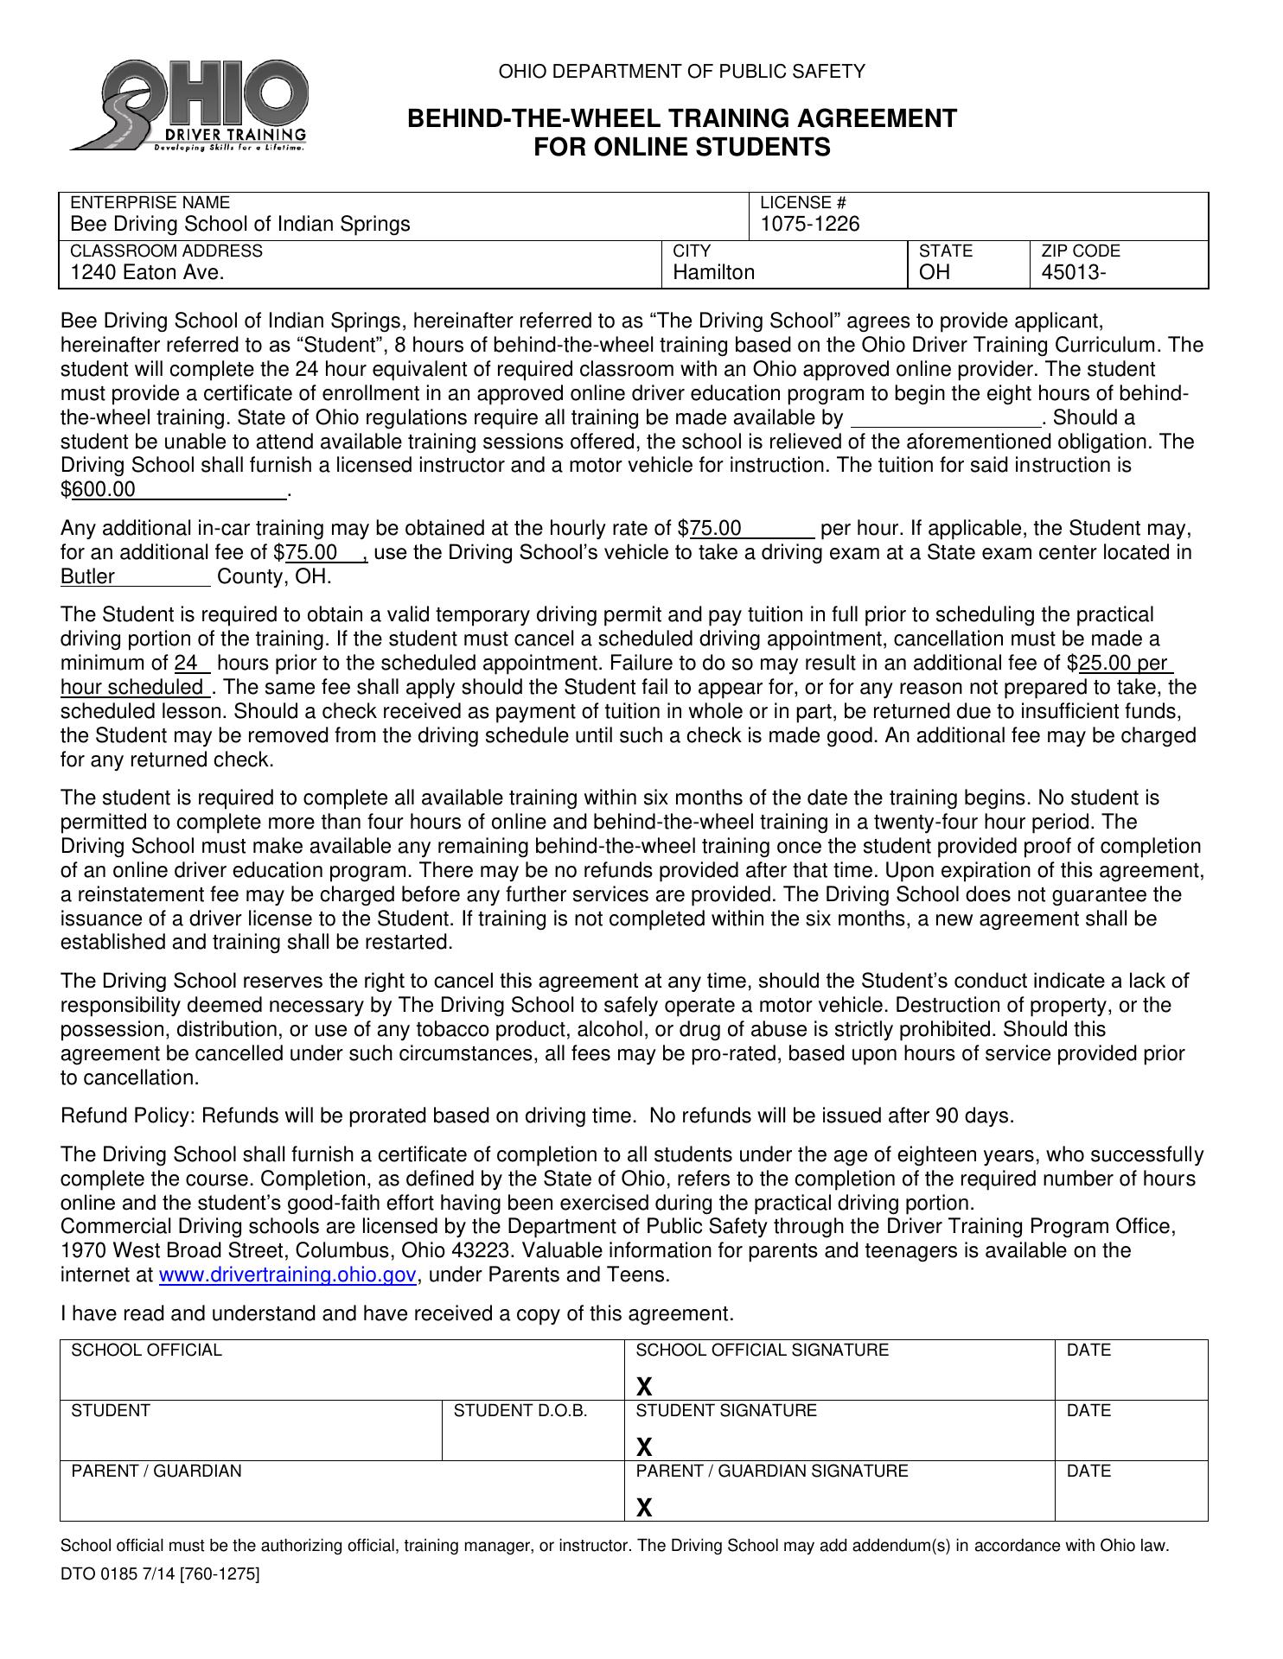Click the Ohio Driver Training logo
(190, 105)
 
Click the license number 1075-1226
(810, 225)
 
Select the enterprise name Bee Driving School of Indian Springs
(239, 225)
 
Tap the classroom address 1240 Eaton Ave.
(147, 273)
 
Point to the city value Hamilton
(713, 273)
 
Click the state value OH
(934, 273)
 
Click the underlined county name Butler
(87, 577)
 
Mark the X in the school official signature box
(644, 1387)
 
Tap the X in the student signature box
(644, 1447)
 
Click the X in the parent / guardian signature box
(644, 1508)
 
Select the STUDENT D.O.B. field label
(520, 1411)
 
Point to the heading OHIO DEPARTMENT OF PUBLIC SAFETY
(681, 72)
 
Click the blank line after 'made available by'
(947, 420)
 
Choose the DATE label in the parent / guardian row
(1088, 1471)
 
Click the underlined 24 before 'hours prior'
(187, 664)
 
